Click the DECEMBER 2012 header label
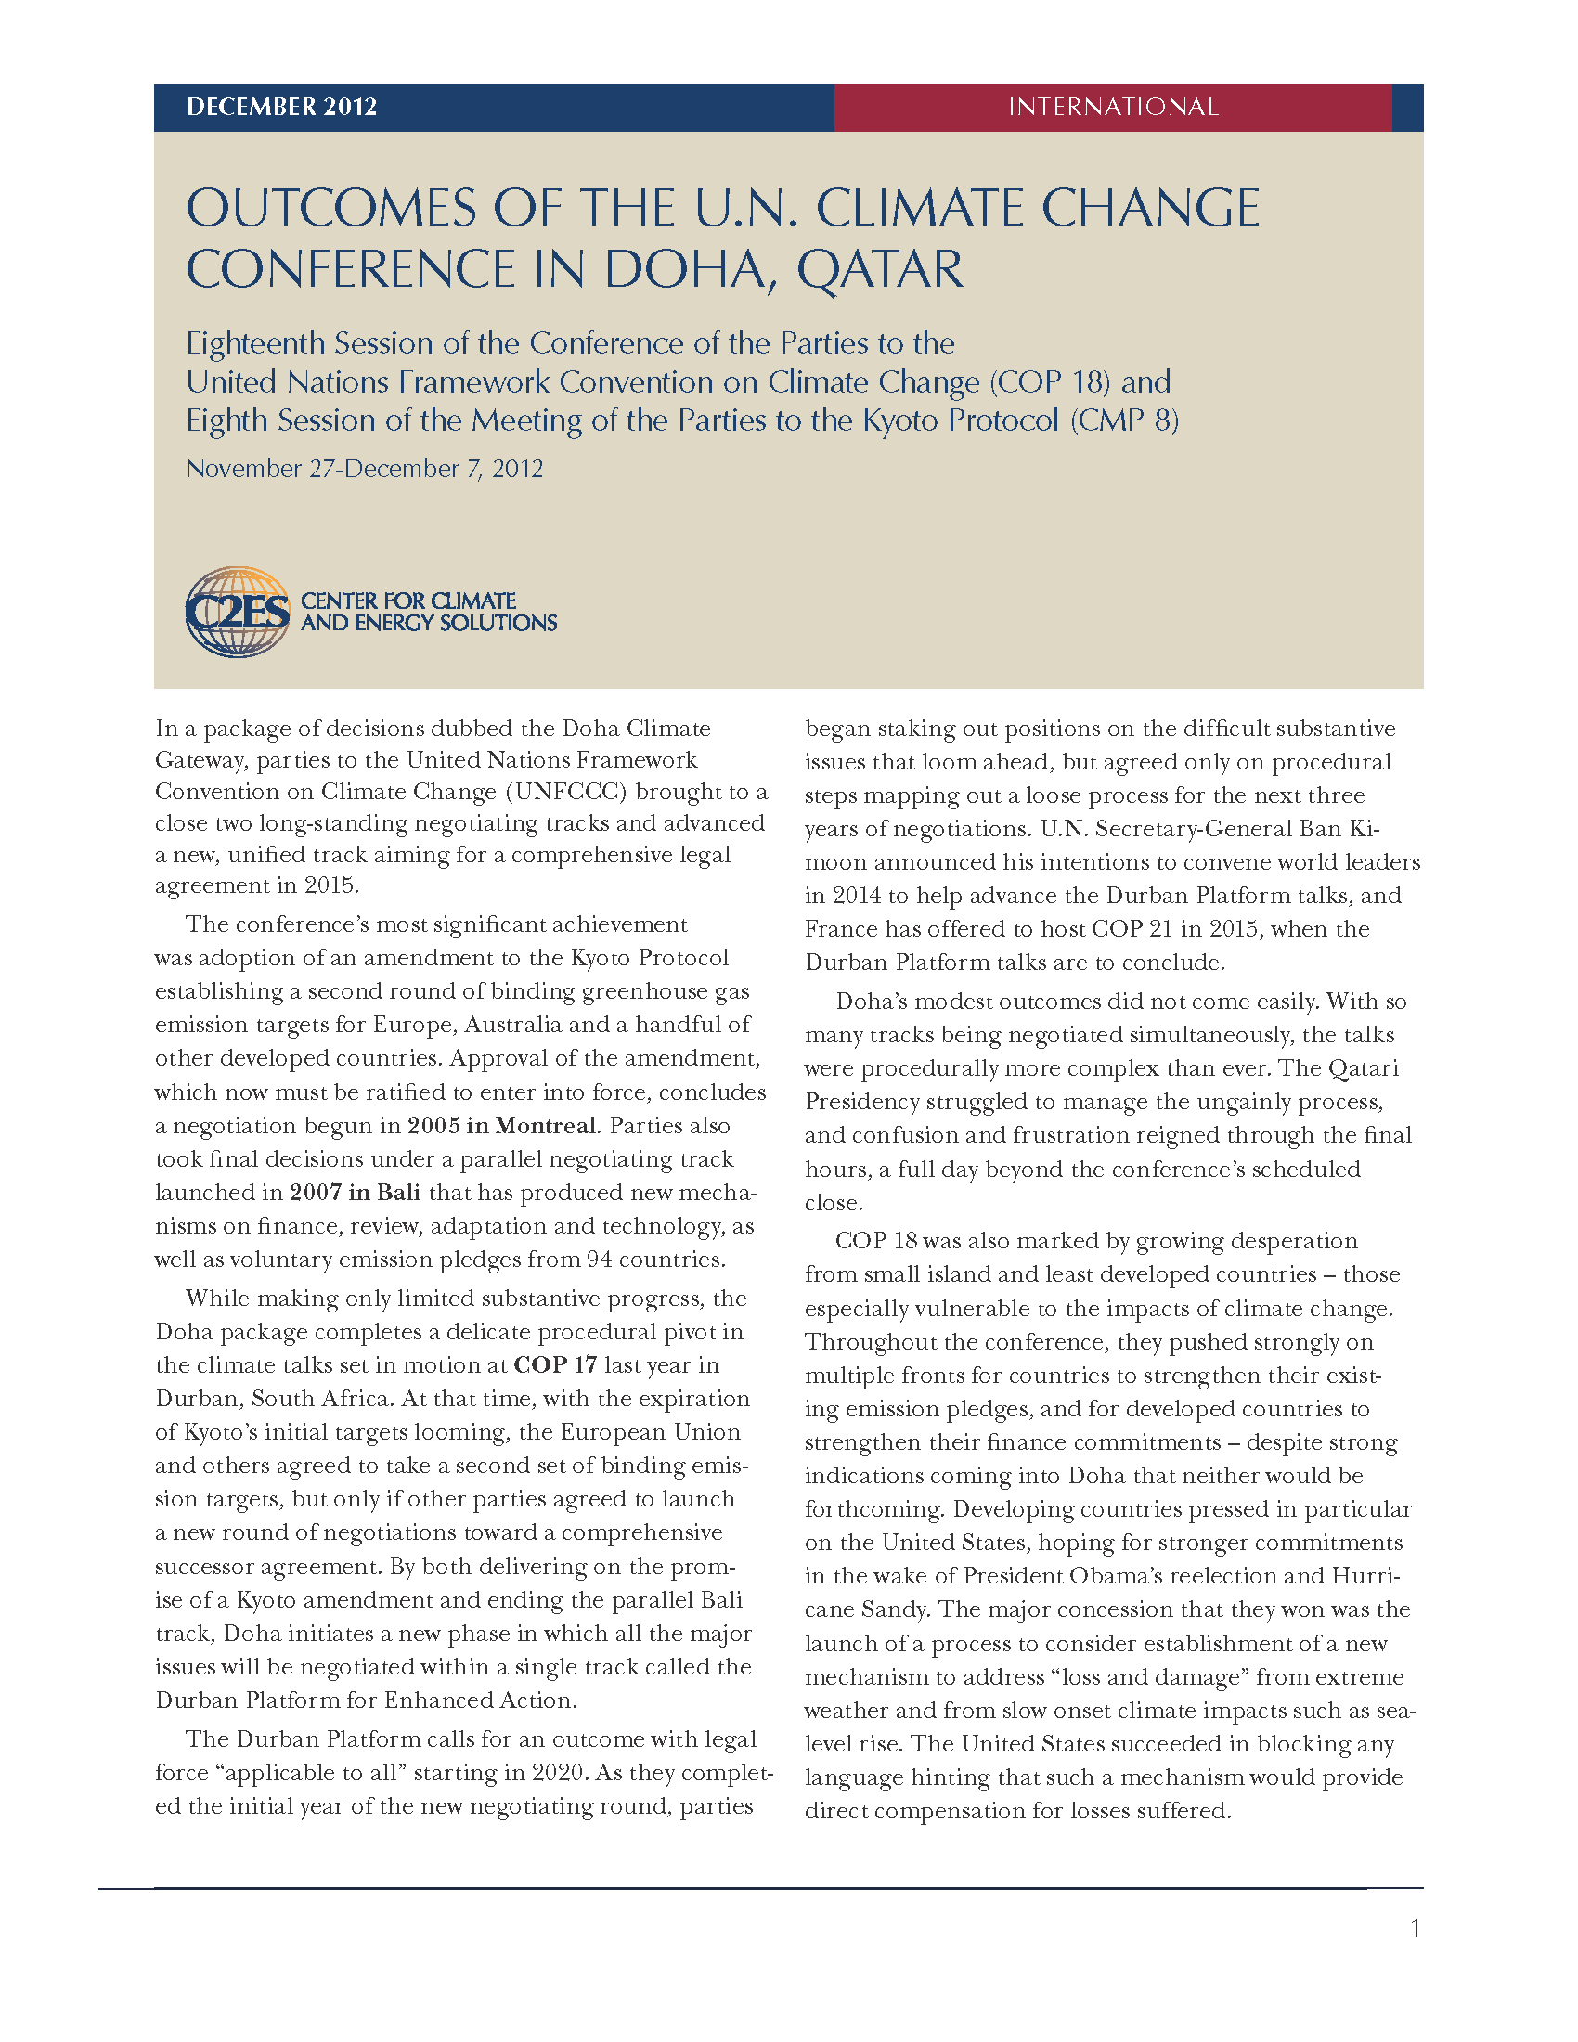coord(281,107)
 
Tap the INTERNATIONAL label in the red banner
coord(1112,107)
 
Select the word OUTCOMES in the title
coord(332,208)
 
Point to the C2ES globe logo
coord(238,612)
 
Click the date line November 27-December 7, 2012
coord(365,469)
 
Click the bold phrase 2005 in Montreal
coord(502,1126)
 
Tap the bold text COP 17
coord(555,1365)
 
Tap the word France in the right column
coord(837,929)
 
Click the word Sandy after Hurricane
coord(899,1610)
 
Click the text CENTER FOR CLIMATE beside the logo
coord(408,601)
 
